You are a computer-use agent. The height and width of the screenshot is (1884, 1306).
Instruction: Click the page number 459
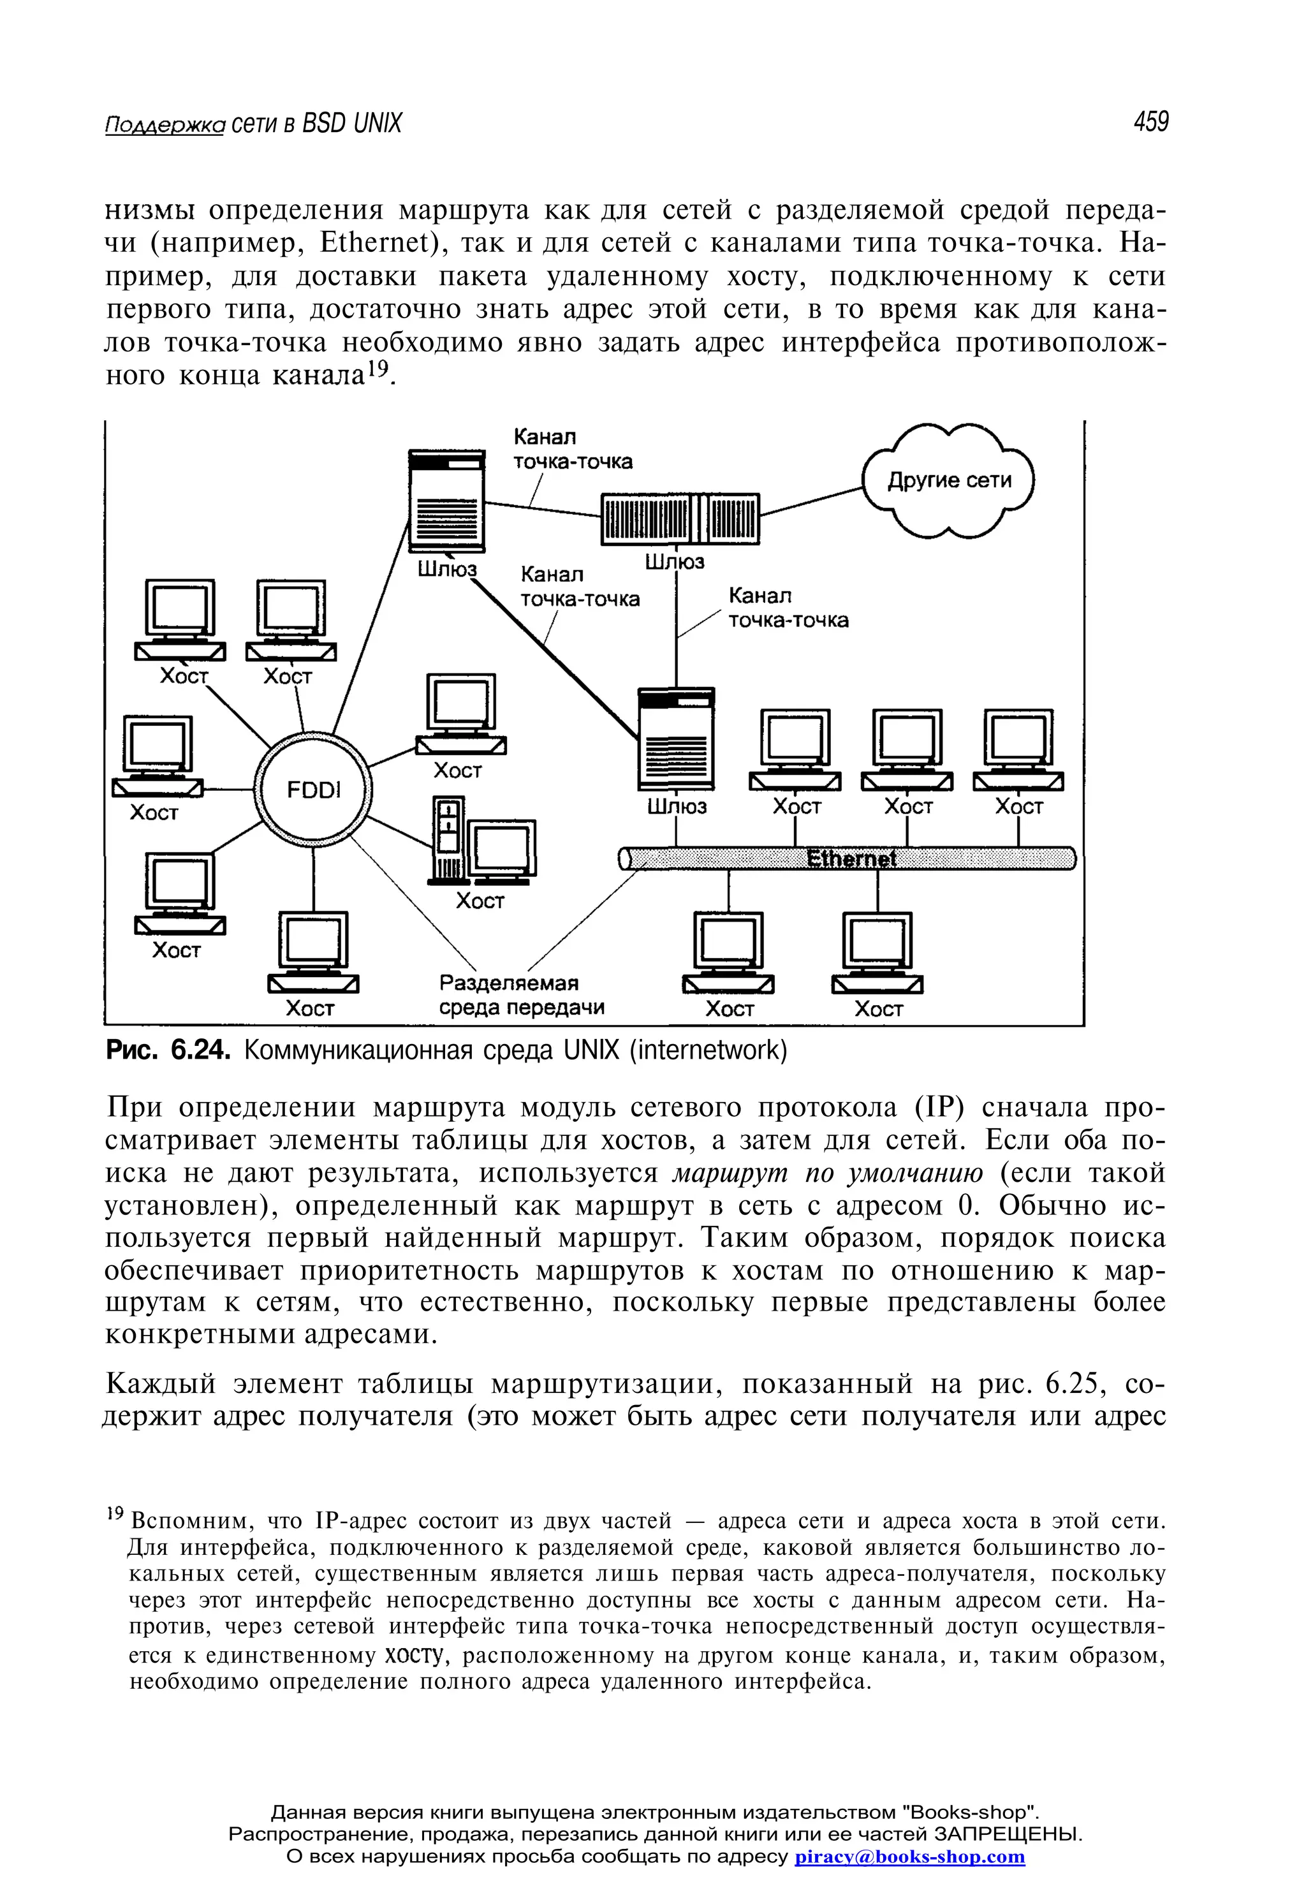point(1150,122)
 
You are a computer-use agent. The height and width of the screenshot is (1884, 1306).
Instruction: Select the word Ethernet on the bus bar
point(851,858)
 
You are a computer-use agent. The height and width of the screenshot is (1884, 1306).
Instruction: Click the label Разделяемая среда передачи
point(521,995)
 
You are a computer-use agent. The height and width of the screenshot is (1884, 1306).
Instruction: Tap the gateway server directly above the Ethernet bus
point(676,739)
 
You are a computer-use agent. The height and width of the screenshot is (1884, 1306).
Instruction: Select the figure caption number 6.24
point(197,1050)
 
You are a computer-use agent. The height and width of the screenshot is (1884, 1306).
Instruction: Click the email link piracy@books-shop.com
point(909,1856)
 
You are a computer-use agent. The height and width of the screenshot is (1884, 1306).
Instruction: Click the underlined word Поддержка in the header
point(165,124)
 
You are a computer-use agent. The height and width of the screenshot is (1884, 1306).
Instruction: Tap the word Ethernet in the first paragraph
point(376,243)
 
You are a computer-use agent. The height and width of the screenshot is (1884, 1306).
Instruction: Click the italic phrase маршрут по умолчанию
point(827,1173)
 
